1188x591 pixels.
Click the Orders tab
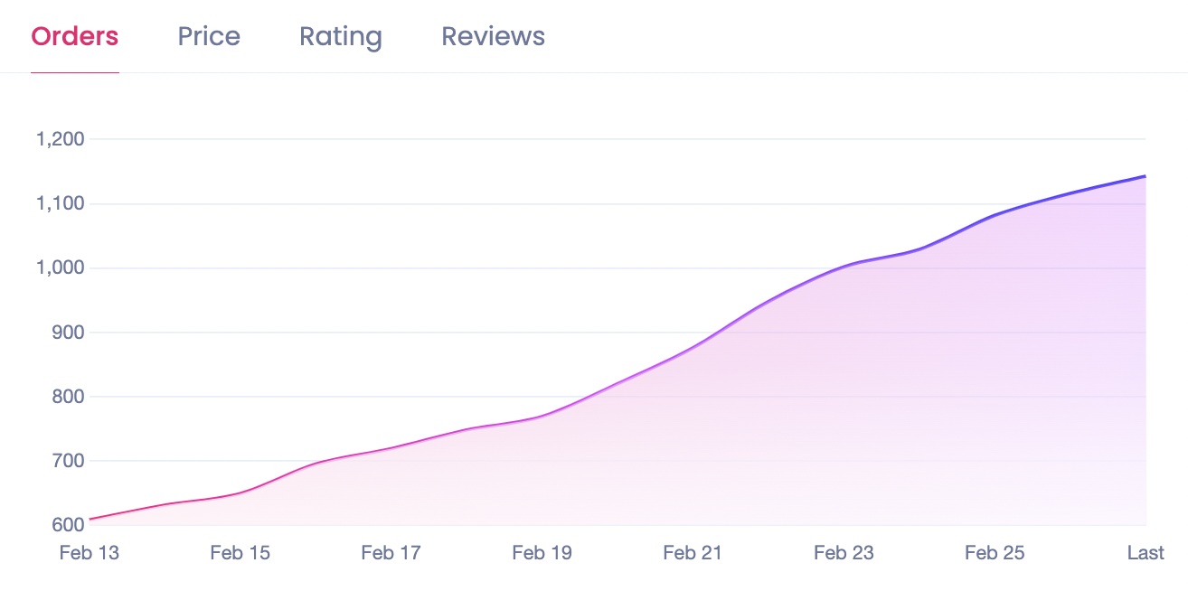(75, 36)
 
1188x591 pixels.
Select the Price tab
(209, 36)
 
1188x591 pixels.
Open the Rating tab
(341, 37)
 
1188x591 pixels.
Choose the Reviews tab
(493, 36)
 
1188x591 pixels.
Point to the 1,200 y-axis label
(61, 139)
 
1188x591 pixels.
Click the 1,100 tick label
(61, 204)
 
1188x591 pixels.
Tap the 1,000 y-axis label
(61, 268)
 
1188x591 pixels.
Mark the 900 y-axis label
(68, 333)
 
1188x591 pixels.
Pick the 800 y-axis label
(68, 397)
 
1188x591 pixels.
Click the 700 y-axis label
(68, 461)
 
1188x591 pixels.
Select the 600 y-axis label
(68, 525)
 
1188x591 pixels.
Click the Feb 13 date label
(89, 553)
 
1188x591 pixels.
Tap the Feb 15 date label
(240, 553)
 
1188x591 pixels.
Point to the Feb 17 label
(391, 553)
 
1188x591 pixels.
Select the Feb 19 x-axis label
(542, 553)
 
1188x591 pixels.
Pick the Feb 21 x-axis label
(693, 553)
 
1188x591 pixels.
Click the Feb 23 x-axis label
(844, 553)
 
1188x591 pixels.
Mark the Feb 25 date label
(995, 553)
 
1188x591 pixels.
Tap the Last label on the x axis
(1146, 553)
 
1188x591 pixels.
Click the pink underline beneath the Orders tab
(75, 71)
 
